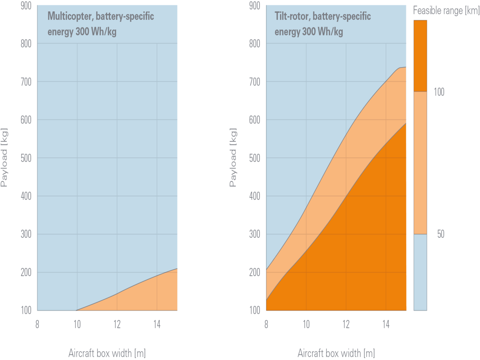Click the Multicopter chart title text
tap(100, 24)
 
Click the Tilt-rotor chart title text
tap(322, 24)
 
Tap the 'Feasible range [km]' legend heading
tap(446, 10)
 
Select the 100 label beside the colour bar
tap(439, 92)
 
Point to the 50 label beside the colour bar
tap(441, 234)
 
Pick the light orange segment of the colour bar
tap(420, 163)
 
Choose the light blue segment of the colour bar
tap(420, 272)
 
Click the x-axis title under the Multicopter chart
tap(107, 353)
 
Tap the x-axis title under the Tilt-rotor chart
tap(336, 353)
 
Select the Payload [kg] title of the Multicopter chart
tap(4, 157)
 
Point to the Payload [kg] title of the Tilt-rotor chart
tap(233, 157)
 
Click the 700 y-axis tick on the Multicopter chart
tap(26, 82)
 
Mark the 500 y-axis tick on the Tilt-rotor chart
tap(255, 158)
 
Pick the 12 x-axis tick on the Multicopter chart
tap(117, 324)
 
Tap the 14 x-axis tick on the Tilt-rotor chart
tap(386, 324)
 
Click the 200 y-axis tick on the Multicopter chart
tap(26, 272)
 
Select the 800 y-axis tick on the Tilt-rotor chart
tap(255, 43)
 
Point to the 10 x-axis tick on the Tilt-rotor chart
tap(306, 324)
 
